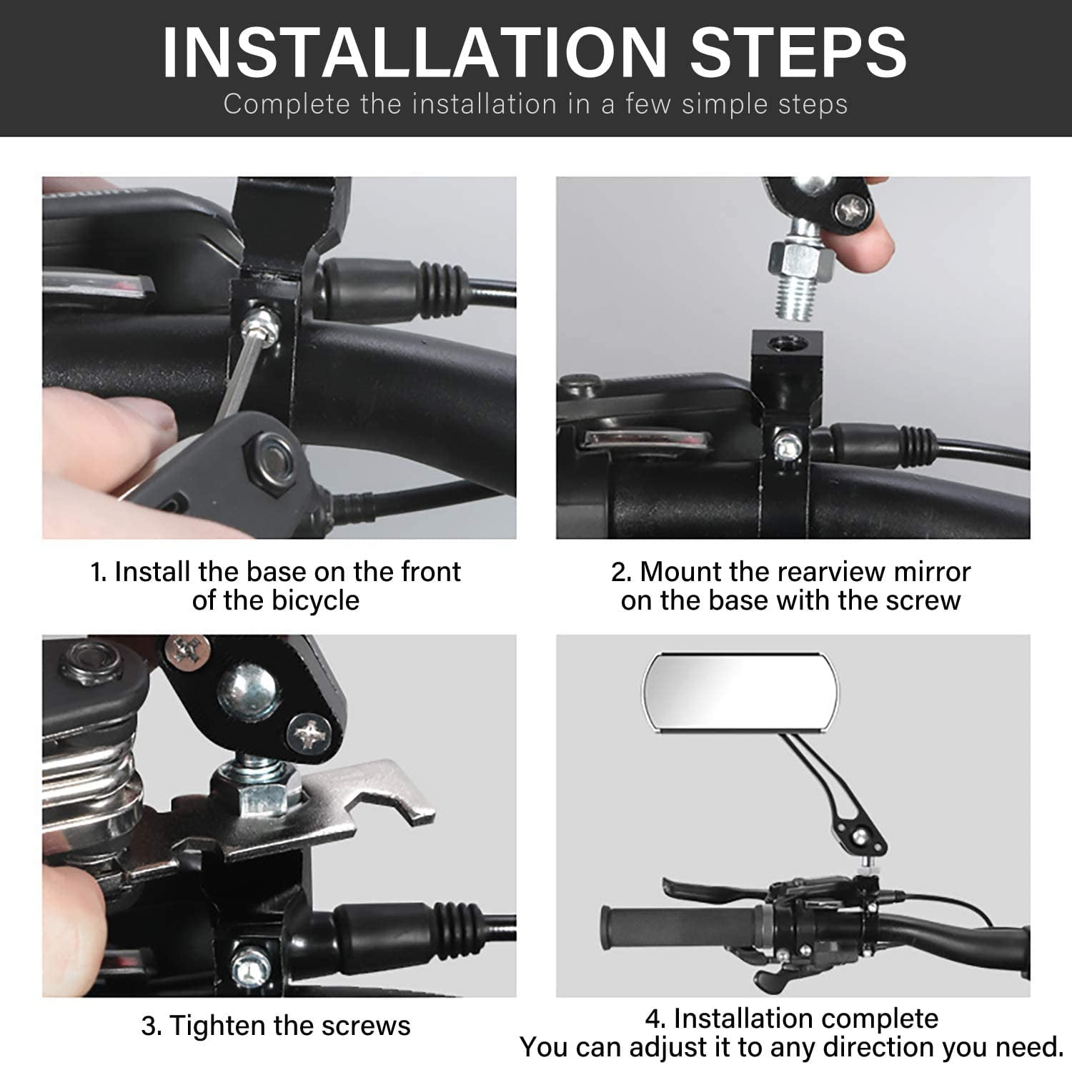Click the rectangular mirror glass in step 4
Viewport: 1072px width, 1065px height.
741,692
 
